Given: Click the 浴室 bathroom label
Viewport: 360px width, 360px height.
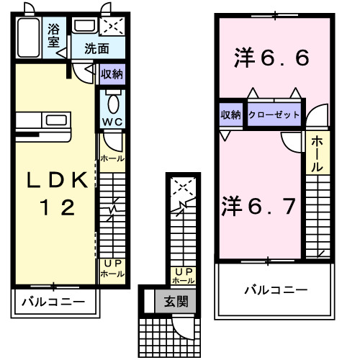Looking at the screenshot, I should [x=54, y=35].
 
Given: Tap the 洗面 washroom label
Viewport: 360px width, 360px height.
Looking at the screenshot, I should [x=96, y=49].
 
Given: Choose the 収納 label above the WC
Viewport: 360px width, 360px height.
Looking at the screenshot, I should [x=112, y=73].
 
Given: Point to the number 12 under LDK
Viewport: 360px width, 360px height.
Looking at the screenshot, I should [x=55, y=208].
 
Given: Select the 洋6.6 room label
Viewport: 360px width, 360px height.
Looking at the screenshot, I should [x=272, y=58].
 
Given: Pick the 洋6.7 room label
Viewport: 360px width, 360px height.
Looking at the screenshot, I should [x=258, y=206].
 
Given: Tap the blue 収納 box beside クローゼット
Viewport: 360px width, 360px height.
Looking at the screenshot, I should [x=231, y=114].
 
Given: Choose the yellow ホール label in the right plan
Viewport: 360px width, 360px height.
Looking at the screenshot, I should [x=317, y=153].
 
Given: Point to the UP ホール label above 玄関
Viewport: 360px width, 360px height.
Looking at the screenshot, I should [x=183, y=275].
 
